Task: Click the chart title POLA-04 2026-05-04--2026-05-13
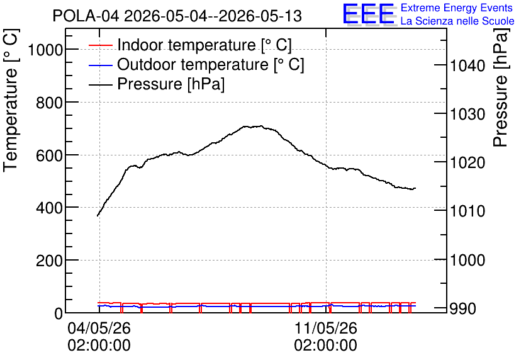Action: (x=177, y=16)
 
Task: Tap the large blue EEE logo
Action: (x=369, y=14)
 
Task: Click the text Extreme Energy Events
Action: (x=457, y=8)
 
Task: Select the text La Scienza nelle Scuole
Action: (x=457, y=21)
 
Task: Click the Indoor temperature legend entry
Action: (x=190, y=45)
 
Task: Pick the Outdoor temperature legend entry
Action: (x=196, y=64)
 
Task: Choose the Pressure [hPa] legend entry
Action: (x=157, y=84)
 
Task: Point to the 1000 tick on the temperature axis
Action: (x=45, y=50)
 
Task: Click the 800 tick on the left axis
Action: (x=49, y=103)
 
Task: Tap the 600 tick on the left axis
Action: (x=49, y=155)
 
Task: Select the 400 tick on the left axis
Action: (x=49, y=208)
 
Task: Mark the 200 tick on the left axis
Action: (x=49, y=261)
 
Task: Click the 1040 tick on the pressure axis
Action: (x=467, y=65)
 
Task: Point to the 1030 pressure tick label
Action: (x=467, y=115)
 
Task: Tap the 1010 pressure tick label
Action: (x=467, y=211)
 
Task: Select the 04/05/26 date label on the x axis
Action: (x=99, y=328)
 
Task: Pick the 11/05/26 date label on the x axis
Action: (x=326, y=328)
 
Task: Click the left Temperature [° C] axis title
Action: (x=11, y=101)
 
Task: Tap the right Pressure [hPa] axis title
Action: (x=500, y=87)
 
